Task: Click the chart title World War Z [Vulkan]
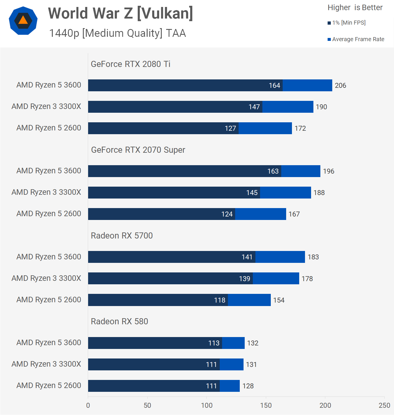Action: (x=120, y=14)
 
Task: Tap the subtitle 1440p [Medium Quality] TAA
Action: (x=117, y=33)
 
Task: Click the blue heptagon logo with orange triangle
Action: (x=23, y=21)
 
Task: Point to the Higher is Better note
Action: (x=355, y=8)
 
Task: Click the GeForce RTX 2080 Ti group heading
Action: (x=130, y=64)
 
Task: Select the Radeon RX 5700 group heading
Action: (x=122, y=236)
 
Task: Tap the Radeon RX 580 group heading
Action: (x=119, y=321)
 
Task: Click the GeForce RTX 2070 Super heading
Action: (x=138, y=150)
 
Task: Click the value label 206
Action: (x=340, y=85)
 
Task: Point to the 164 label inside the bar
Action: (x=274, y=85)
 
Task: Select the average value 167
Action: (x=294, y=214)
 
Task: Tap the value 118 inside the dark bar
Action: (x=219, y=300)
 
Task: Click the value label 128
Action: (x=248, y=386)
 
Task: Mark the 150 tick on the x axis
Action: (x=266, y=405)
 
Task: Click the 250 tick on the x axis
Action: (x=384, y=405)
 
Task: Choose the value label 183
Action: (x=313, y=257)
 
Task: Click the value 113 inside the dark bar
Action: (x=214, y=343)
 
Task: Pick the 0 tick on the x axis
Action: (x=88, y=405)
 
